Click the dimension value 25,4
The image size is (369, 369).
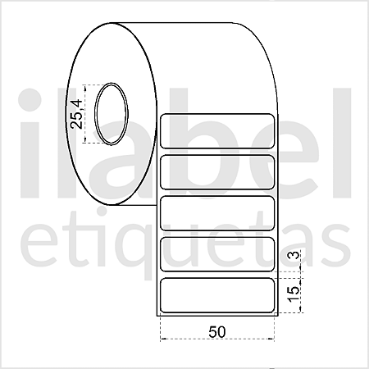point(76,114)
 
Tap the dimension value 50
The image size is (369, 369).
point(217,332)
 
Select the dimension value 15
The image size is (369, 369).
point(294,294)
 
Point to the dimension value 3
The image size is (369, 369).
point(294,255)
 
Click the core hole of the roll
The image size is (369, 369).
point(112,114)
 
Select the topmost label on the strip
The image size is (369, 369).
point(217,131)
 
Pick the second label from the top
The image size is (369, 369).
point(217,172)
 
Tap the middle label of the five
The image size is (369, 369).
point(217,213)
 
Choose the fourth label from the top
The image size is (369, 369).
point(217,254)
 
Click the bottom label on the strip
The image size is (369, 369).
point(217,295)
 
